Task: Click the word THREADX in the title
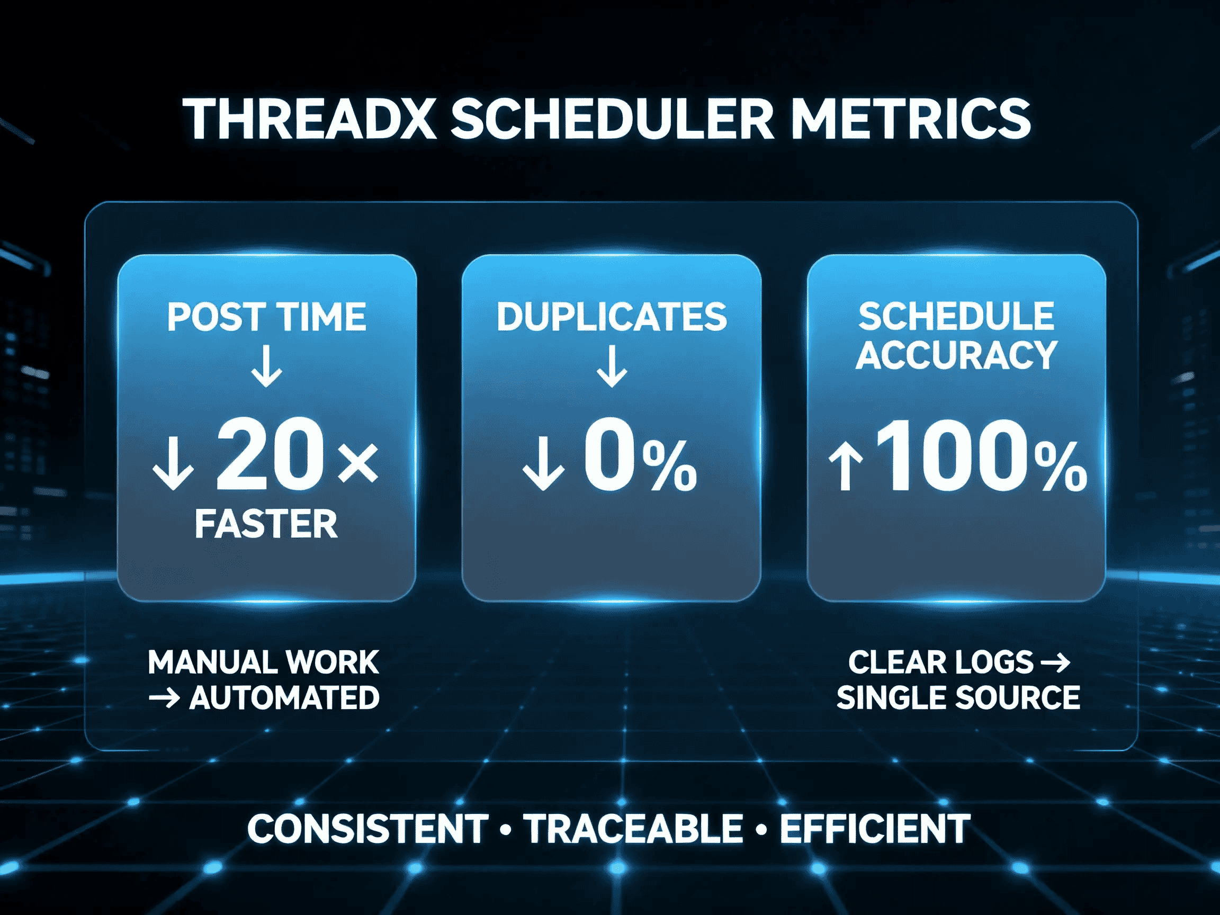pos(310,120)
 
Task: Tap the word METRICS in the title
pos(910,120)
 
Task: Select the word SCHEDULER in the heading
pos(613,120)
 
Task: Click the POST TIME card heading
pos(267,317)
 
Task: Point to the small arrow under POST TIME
pos(267,366)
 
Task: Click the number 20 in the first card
pos(270,455)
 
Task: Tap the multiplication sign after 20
pos(358,462)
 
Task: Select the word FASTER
pos(266,524)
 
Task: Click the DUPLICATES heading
pos(612,317)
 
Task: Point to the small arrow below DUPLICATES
pos(612,366)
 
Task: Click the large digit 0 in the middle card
pos(608,455)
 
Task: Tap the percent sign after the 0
pos(669,466)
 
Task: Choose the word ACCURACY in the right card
pos(956,355)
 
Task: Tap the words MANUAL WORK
pos(263,662)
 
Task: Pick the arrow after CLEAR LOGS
pos(1055,662)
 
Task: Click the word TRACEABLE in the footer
pos(633,829)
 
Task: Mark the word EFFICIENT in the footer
pos(875,829)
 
